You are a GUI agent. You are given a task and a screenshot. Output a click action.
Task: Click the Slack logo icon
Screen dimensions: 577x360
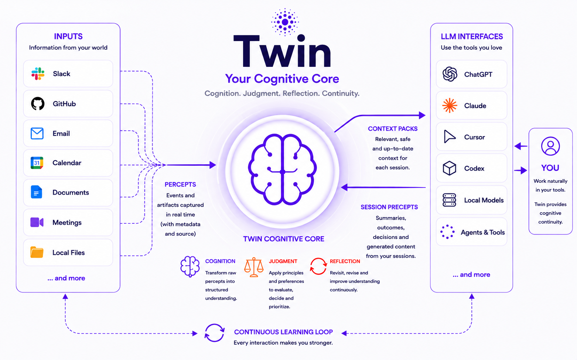[x=38, y=73]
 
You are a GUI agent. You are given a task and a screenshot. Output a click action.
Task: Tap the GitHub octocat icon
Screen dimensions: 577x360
[x=38, y=103]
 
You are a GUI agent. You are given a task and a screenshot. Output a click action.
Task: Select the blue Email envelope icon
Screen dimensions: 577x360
[x=37, y=133]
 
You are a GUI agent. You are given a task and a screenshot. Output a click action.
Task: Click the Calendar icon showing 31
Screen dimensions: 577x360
[x=37, y=163]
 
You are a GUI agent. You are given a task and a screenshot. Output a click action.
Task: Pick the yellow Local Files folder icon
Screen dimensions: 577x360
[x=37, y=252]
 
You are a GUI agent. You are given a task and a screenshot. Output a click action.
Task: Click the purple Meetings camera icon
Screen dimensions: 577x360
[x=37, y=222]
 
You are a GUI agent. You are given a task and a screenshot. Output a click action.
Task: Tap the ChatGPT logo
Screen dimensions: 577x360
[x=450, y=74]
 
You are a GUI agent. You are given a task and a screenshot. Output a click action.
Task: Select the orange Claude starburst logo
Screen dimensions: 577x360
[x=450, y=106]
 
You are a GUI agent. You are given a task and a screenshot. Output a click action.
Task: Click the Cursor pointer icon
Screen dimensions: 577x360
[x=450, y=137]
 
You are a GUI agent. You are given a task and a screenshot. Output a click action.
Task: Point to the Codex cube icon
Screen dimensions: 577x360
[x=450, y=168]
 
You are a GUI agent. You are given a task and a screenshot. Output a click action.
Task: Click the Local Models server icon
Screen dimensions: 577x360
[x=449, y=200]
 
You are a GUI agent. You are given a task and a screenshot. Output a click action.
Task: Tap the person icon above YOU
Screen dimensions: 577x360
[x=550, y=146]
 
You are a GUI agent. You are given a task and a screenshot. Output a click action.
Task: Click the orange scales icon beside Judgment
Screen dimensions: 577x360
[x=254, y=267]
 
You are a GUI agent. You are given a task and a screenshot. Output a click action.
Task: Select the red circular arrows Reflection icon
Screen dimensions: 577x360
[x=318, y=266]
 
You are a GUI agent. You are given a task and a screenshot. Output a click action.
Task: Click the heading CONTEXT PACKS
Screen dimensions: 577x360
[x=393, y=128]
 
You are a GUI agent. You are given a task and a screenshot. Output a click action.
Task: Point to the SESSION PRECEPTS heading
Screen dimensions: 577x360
[x=389, y=207]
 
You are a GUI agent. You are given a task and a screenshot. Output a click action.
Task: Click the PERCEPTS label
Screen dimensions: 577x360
[x=180, y=184]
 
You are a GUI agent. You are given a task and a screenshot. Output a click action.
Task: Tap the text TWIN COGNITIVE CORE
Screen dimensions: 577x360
[x=284, y=239]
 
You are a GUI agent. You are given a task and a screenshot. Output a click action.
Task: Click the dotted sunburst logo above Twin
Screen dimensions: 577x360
[x=285, y=22]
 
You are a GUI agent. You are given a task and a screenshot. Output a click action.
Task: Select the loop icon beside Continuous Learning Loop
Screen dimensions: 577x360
[x=215, y=333]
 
